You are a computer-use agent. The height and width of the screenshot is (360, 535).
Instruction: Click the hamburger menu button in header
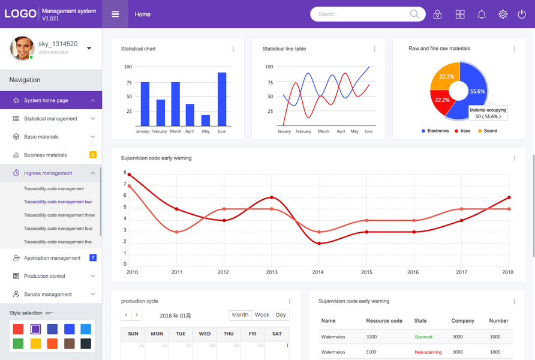pos(115,14)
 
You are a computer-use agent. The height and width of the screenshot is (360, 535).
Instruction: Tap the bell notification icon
pos(482,14)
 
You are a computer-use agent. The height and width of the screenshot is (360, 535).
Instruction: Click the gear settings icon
pos(503,14)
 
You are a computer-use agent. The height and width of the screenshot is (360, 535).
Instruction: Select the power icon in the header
pos(522,14)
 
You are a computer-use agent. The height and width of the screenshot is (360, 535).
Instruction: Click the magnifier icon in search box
pos(414,14)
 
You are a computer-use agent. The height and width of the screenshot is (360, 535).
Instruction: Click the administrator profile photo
pos(22,48)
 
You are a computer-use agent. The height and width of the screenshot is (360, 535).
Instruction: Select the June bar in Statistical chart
pos(222,99)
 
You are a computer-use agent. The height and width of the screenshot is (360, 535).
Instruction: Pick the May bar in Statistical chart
pos(206,120)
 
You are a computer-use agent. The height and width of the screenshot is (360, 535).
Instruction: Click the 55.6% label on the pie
pos(477,91)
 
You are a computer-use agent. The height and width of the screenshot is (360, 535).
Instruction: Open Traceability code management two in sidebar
pos(58,202)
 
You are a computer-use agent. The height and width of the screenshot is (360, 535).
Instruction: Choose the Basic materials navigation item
pos(41,137)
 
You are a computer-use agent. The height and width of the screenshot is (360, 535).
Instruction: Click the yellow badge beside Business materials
pos(93,155)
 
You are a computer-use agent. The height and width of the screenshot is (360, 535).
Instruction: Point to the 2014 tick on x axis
pos(318,272)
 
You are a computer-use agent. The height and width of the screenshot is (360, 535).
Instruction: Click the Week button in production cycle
pos(262,315)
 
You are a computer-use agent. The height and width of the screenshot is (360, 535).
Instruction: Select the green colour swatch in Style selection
pos(19,344)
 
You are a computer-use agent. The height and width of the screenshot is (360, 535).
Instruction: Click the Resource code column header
pos(384,321)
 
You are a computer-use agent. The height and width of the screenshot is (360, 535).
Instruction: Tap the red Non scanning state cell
pos(428,352)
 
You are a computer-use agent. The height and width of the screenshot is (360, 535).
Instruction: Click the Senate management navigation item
pos(48,295)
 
